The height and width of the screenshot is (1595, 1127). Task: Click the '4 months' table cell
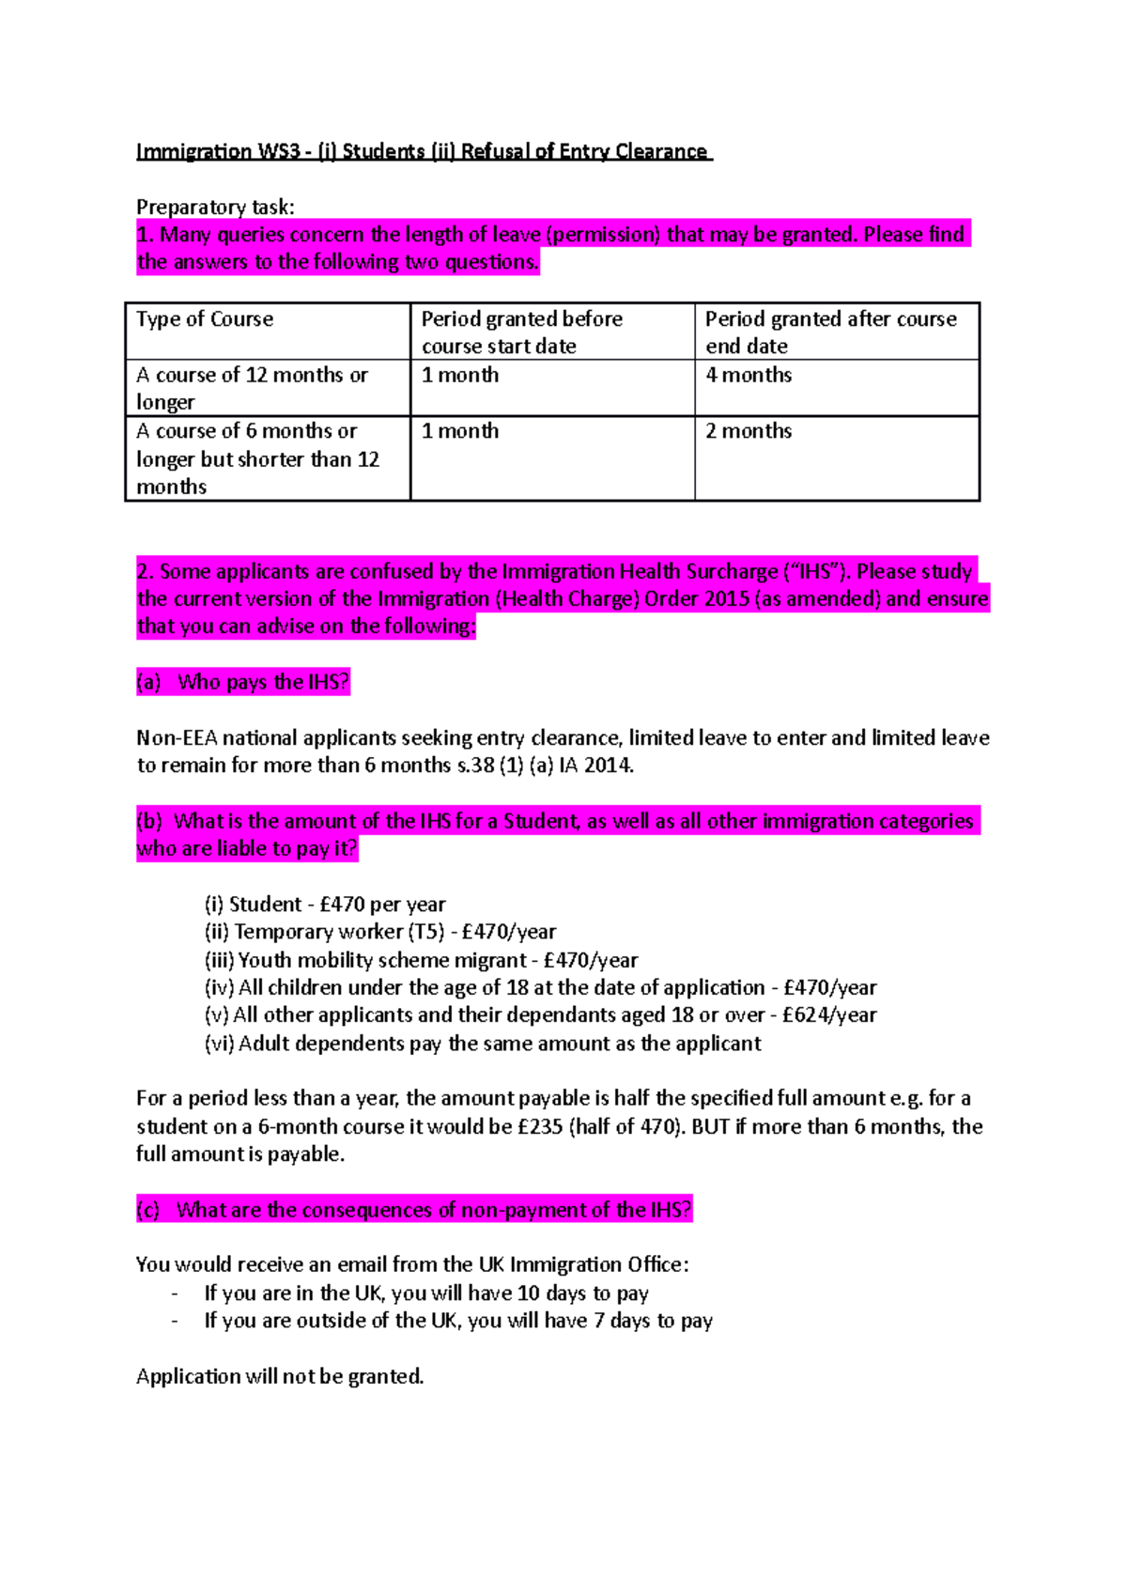pos(749,375)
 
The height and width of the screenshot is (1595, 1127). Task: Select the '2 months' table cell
pos(749,431)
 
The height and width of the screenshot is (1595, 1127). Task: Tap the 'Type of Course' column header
pos(205,319)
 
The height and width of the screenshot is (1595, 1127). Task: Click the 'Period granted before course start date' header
pos(521,333)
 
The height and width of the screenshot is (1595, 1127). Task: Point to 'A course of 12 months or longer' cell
pos(252,388)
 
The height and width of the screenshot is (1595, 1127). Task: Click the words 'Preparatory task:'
pos(215,207)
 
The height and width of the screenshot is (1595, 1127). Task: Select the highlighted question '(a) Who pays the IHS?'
pos(243,682)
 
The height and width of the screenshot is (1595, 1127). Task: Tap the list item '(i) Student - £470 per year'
pos(325,905)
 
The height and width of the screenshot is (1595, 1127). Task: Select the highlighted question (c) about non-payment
pos(414,1210)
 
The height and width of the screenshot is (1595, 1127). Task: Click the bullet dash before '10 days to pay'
pos(175,1293)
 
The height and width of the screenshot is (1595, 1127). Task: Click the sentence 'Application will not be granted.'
pos(280,1377)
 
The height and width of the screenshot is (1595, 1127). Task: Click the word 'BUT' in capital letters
pos(711,1126)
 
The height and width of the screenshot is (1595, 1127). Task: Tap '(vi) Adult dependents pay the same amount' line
pos(483,1044)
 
